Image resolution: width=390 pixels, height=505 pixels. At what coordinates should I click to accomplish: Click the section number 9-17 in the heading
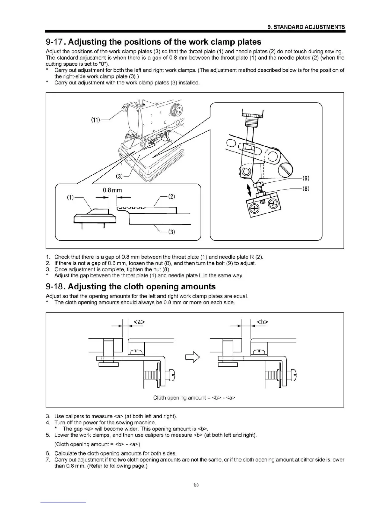pos(55,42)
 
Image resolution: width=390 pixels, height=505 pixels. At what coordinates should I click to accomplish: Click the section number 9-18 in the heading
pos(55,287)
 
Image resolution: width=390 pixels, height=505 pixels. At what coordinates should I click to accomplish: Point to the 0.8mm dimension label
pos(112,190)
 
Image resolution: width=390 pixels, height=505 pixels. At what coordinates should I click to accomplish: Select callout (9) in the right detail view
pos(306,178)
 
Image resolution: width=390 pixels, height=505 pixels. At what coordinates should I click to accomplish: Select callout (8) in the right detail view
pos(306,188)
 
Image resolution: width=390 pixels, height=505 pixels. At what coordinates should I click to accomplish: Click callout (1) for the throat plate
pos(70,197)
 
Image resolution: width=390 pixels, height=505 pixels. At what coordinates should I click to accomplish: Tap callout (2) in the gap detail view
pos(171,197)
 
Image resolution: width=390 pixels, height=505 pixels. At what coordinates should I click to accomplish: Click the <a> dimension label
pos(139,322)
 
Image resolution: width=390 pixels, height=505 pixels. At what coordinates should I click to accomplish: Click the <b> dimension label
pos(262,322)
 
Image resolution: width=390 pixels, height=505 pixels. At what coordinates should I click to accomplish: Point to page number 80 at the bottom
pos(196,485)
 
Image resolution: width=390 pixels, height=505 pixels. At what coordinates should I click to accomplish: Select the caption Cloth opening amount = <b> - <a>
pos(194,398)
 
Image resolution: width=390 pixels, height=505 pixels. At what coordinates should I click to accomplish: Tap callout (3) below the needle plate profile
pos(171,232)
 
